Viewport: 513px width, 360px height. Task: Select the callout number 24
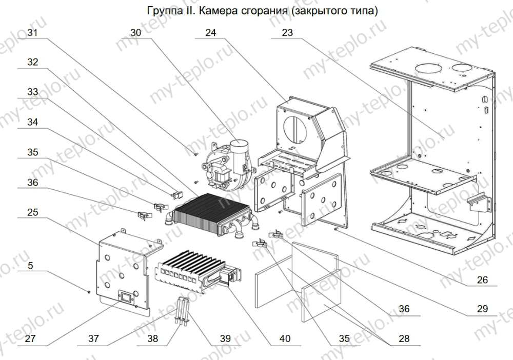pos(210,32)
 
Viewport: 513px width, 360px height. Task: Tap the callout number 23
pos(287,32)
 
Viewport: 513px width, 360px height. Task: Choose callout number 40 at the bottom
pos(285,338)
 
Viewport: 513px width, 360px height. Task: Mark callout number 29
pos(482,309)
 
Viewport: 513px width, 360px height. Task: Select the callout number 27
pos(30,338)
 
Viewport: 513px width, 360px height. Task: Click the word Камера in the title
pos(219,10)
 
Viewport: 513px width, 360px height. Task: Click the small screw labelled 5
pos(89,292)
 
